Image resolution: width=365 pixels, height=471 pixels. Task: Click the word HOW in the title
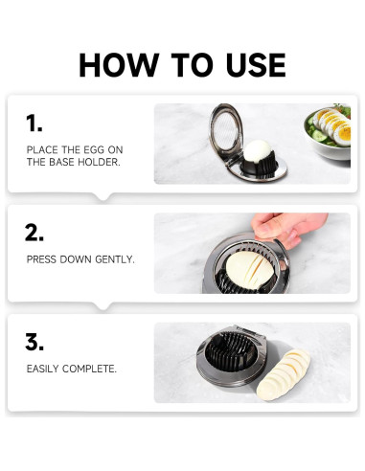point(119,65)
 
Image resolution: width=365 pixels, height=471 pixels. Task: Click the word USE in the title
point(256,65)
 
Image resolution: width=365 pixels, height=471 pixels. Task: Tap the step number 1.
point(34,123)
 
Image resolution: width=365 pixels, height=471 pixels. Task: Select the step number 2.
point(34,233)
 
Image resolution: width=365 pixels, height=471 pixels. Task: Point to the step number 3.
point(34,342)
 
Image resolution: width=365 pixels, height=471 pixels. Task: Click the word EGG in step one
point(94,149)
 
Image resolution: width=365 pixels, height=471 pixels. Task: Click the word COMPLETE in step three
point(89,369)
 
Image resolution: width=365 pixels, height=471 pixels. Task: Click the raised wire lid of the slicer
point(226,132)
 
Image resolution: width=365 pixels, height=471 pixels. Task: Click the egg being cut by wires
point(249,270)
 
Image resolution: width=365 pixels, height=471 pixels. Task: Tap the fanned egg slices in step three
point(283,375)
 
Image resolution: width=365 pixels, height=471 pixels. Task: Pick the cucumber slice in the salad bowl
point(319,136)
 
